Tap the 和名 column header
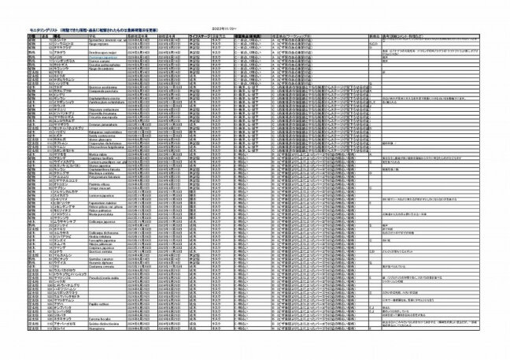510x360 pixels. point(58,35)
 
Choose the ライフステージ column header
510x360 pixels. point(205,35)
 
